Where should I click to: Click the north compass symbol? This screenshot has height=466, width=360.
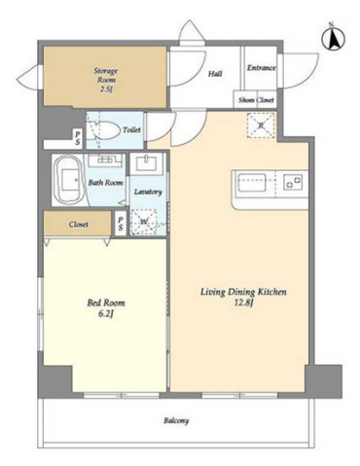coord(333,38)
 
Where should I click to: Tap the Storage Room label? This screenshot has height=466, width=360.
coord(106,75)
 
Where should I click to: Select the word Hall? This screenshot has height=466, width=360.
coord(215,74)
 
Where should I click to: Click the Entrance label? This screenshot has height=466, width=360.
coord(262,68)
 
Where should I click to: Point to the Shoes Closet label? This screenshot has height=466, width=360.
coord(256,100)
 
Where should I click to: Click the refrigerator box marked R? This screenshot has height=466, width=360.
coord(261,125)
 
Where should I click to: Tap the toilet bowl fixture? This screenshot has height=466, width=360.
coord(103,129)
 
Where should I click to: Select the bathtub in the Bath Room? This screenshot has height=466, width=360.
coord(69,180)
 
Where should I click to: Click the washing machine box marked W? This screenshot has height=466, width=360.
coord(144,222)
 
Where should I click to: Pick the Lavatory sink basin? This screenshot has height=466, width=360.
coord(147,163)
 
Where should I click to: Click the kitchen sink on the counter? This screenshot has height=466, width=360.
coord(252,183)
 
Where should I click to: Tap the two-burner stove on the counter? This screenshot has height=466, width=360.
coord(293,182)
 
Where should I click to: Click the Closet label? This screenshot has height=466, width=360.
coord(79,224)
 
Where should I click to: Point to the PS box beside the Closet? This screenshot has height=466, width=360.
coord(121,224)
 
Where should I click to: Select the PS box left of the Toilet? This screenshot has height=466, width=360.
coord(78,139)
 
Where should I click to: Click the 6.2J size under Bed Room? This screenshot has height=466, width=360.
coord(106,313)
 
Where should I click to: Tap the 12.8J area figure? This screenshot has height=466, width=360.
coord(243,303)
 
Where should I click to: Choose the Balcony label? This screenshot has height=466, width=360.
coord(176,421)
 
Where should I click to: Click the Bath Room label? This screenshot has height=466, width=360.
coord(106,183)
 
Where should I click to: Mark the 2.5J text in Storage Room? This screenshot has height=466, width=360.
coord(106,89)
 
